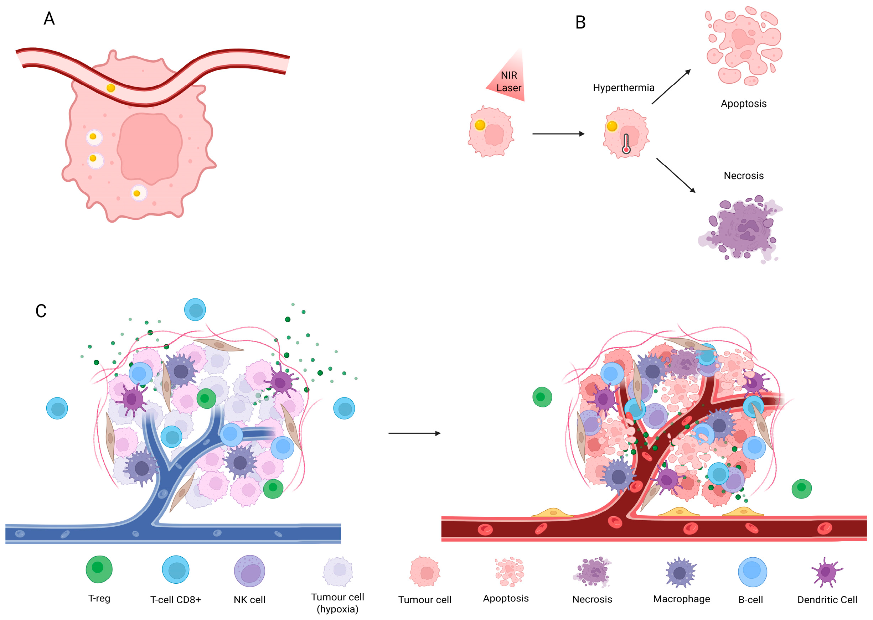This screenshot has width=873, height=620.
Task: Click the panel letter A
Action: coord(49,18)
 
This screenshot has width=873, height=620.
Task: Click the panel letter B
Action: coord(580,22)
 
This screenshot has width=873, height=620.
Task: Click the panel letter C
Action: coord(41,311)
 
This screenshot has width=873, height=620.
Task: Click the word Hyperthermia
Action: coord(623,88)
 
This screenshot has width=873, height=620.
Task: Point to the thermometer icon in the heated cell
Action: coord(626,144)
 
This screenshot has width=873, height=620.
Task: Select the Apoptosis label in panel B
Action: coord(743,104)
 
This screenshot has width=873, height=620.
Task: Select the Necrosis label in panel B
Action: coord(743,176)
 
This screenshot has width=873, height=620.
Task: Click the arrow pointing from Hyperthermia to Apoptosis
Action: coord(671,87)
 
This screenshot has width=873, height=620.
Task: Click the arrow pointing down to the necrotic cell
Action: coord(676,175)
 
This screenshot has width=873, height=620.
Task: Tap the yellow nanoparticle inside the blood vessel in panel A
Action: coord(111,88)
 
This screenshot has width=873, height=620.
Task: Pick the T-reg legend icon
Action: coord(99,569)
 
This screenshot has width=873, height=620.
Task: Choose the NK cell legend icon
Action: coord(249,571)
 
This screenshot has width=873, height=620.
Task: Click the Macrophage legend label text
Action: coord(681,599)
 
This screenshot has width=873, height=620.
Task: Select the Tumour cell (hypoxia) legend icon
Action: coord(337,571)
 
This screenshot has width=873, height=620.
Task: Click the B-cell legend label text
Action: coord(750,600)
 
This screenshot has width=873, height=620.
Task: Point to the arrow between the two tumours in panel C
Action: coord(414,433)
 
